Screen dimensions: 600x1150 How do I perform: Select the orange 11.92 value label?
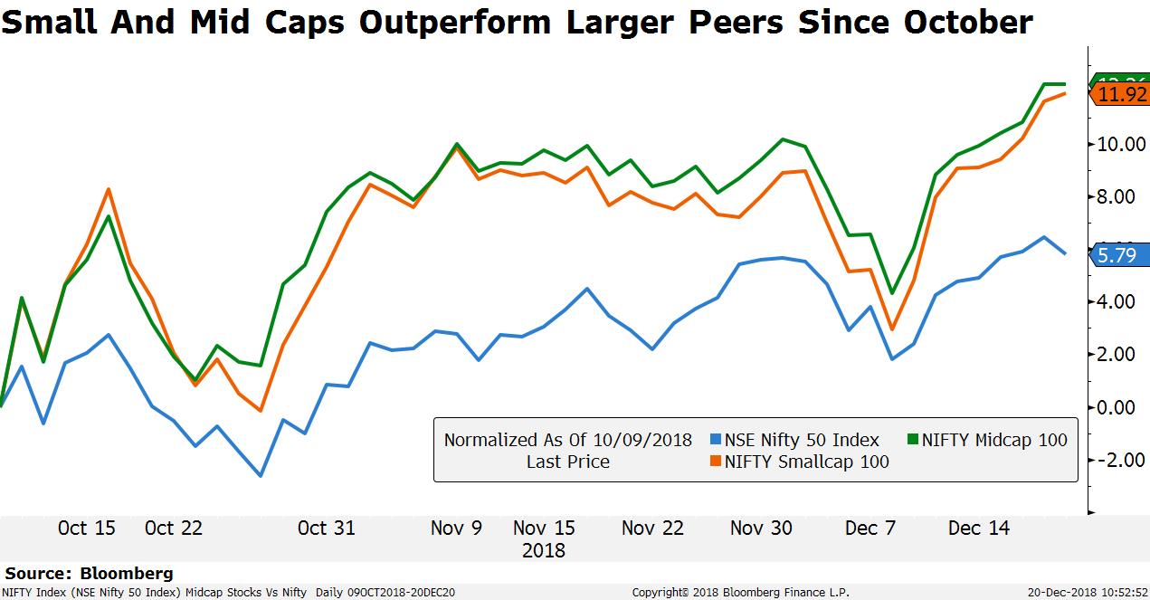tap(1121, 94)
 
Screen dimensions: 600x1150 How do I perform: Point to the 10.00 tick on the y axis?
tap(1121, 144)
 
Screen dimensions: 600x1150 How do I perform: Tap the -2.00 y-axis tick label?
tap(1118, 460)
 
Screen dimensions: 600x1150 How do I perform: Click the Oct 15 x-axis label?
tap(87, 529)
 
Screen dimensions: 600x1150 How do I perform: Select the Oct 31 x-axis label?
tap(327, 529)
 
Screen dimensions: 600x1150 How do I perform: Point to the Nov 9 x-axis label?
tap(457, 529)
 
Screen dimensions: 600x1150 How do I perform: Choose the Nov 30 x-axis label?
tap(760, 529)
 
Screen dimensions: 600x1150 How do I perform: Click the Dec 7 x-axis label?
tap(870, 529)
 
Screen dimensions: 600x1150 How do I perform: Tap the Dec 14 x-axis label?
tap(979, 529)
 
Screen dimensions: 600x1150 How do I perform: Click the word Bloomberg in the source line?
tap(127, 573)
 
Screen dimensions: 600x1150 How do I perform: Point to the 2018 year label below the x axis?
tap(544, 550)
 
